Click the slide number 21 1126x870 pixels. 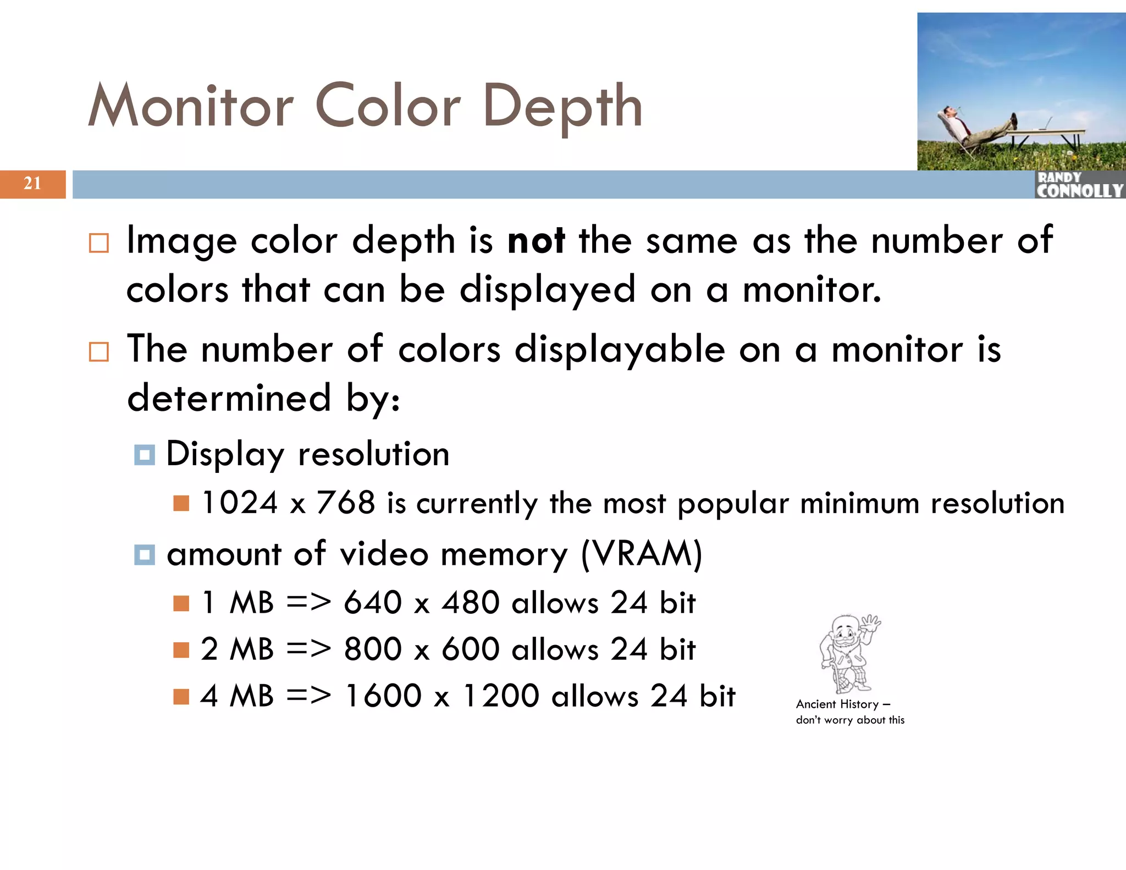tap(32, 183)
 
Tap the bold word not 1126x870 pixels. tap(536, 240)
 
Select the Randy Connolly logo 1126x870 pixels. tap(1079, 185)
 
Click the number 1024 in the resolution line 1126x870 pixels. tap(240, 503)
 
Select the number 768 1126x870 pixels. tap(346, 503)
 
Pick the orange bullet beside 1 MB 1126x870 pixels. tap(181, 603)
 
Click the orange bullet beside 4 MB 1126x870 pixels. tap(181, 697)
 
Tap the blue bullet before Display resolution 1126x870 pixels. tap(145, 455)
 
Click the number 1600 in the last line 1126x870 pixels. tap(383, 696)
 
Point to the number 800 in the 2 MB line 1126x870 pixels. tap(373, 649)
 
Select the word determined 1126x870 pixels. tap(229, 398)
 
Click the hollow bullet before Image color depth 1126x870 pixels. tap(99, 243)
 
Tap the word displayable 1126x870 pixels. tap(620, 350)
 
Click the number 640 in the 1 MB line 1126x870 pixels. tap(373, 603)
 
